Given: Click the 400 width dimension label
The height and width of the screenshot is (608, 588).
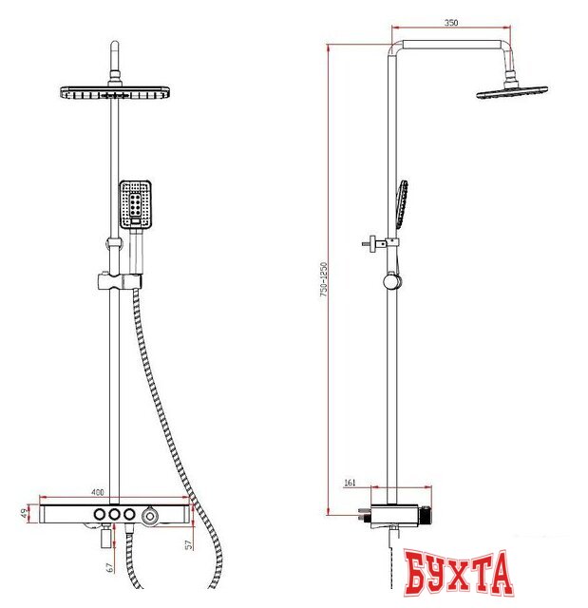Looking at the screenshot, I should (x=99, y=493).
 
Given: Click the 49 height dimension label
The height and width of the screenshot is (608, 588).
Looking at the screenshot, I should (x=24, y=514).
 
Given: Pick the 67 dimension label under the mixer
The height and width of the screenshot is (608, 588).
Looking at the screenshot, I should (x=110, y=567).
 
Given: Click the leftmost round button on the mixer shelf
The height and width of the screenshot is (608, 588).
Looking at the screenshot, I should (x=97, y=514).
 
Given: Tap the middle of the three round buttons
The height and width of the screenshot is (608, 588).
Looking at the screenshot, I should (x=113, y=514).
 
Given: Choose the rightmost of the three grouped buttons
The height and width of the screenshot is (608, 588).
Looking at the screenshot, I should (x=129, y=514).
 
